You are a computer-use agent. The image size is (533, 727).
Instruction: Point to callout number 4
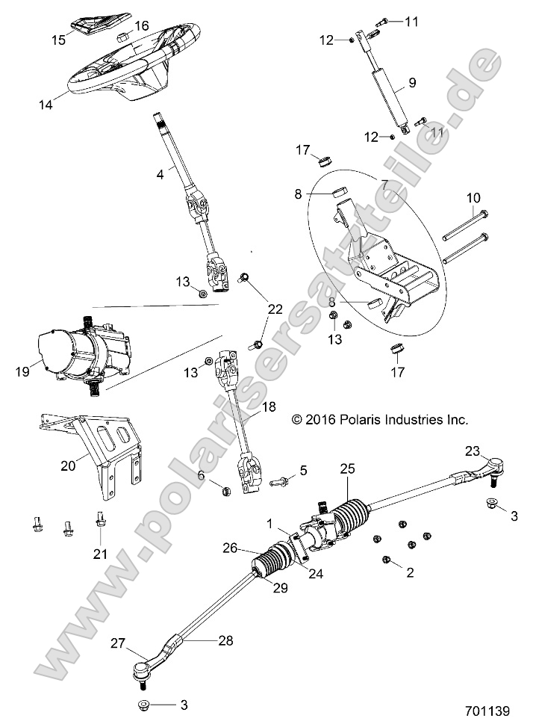[159, 173]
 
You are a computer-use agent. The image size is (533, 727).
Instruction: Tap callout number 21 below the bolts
[99, 554]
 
